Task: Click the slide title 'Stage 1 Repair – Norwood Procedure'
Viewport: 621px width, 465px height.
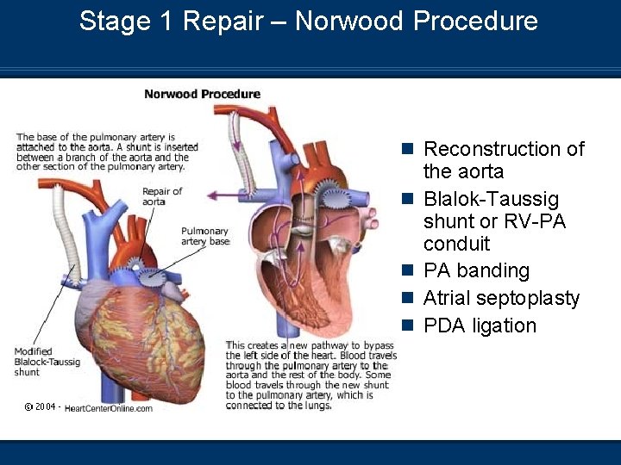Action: click(308, 22)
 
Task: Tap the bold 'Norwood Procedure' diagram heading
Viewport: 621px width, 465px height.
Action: click(202, 94)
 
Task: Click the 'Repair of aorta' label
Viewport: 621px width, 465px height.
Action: click(161, 196)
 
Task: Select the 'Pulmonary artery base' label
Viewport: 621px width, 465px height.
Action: click(205, 237)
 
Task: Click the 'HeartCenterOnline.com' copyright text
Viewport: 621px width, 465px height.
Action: click(109, 408)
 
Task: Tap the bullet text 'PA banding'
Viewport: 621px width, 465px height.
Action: click(476, 271)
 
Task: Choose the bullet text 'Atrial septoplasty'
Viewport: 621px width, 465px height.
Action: click(501, 299)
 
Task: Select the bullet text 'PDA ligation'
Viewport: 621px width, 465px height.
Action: click(480, 325)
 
